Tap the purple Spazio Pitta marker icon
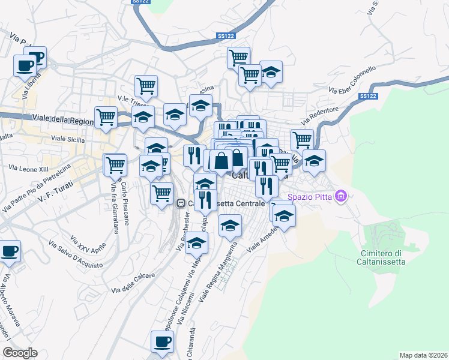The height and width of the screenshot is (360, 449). tap(342, 196)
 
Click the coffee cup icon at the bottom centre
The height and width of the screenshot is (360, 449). tap(161, 341)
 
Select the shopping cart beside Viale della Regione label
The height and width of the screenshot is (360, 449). tap(106, 116)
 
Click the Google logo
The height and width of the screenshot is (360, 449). tap(20, 353)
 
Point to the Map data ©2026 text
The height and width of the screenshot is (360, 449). tap(423, 355)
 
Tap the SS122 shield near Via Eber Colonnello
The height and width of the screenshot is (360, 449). tap(369, 96)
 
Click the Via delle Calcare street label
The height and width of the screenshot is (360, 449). tap(133, 283)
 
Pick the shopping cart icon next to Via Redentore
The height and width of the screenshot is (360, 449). tap(302, 140)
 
